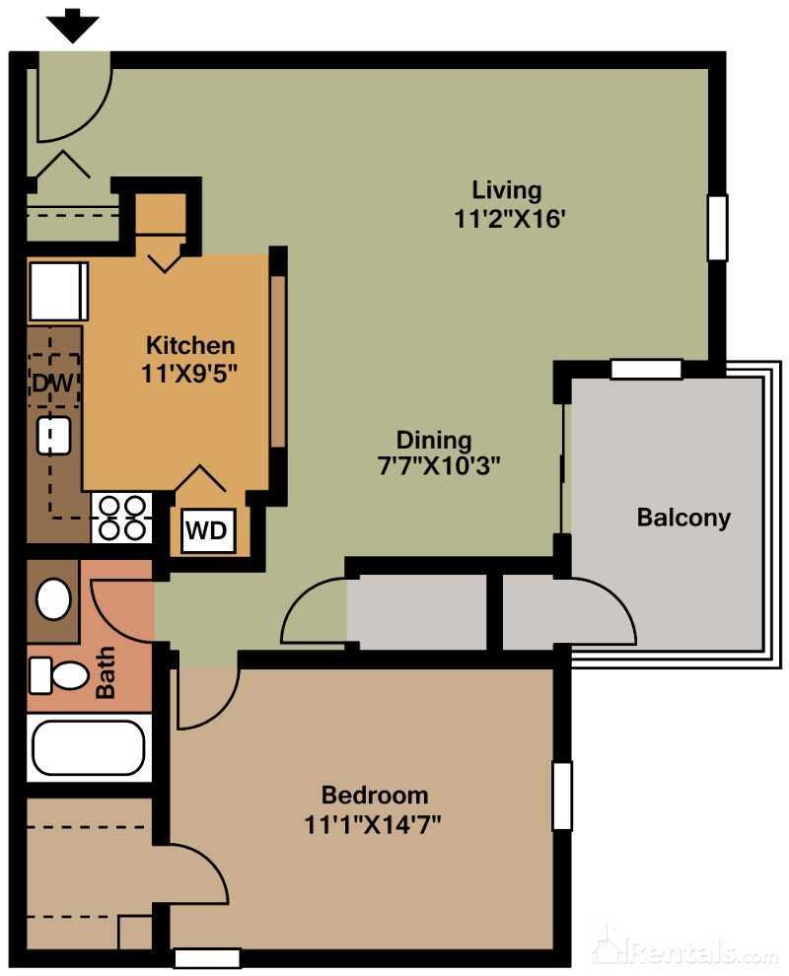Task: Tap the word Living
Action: click(507, 189)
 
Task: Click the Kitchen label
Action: click(190, 345)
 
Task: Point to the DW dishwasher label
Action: click(52, 383)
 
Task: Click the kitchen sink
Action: click(52, 435)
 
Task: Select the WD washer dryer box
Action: click(207, 531)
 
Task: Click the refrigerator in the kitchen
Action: click(58, 291)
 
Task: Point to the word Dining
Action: click(434, 440)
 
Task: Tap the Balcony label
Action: click(683, 518)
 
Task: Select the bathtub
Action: click(88, 748)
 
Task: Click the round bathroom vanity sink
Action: click(53, 598)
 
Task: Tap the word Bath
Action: click(106, 672)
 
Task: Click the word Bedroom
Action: click(375, 795)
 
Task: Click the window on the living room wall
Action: click(717, 228)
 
